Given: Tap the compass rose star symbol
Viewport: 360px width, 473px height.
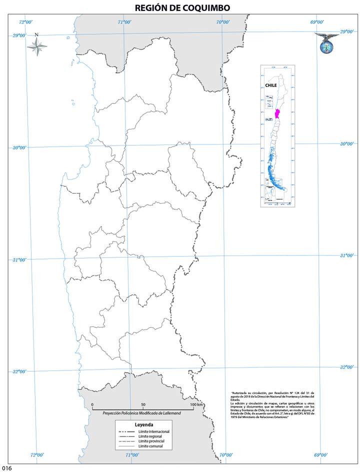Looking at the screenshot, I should coord(36,46).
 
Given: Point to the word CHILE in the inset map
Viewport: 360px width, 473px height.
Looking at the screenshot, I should coord(271,85).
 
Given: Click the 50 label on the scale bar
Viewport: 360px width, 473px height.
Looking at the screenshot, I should coord(143,404).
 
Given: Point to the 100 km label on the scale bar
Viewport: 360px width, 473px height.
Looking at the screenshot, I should coord(196,404).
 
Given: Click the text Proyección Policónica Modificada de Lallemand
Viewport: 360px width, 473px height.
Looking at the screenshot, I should coord(142,413).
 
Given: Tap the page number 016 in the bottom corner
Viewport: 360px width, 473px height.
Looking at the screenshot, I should coord(6,468).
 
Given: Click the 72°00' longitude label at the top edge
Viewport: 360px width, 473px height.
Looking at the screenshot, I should coord(25,22).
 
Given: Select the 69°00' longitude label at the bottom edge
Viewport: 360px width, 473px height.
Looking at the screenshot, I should coord(321,455).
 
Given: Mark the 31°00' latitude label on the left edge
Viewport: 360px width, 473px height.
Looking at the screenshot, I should coord(19,260).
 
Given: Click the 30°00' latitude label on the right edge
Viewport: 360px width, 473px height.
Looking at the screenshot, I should coord(347,143).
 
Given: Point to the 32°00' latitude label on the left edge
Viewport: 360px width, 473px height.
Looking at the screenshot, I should coord(19,371).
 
